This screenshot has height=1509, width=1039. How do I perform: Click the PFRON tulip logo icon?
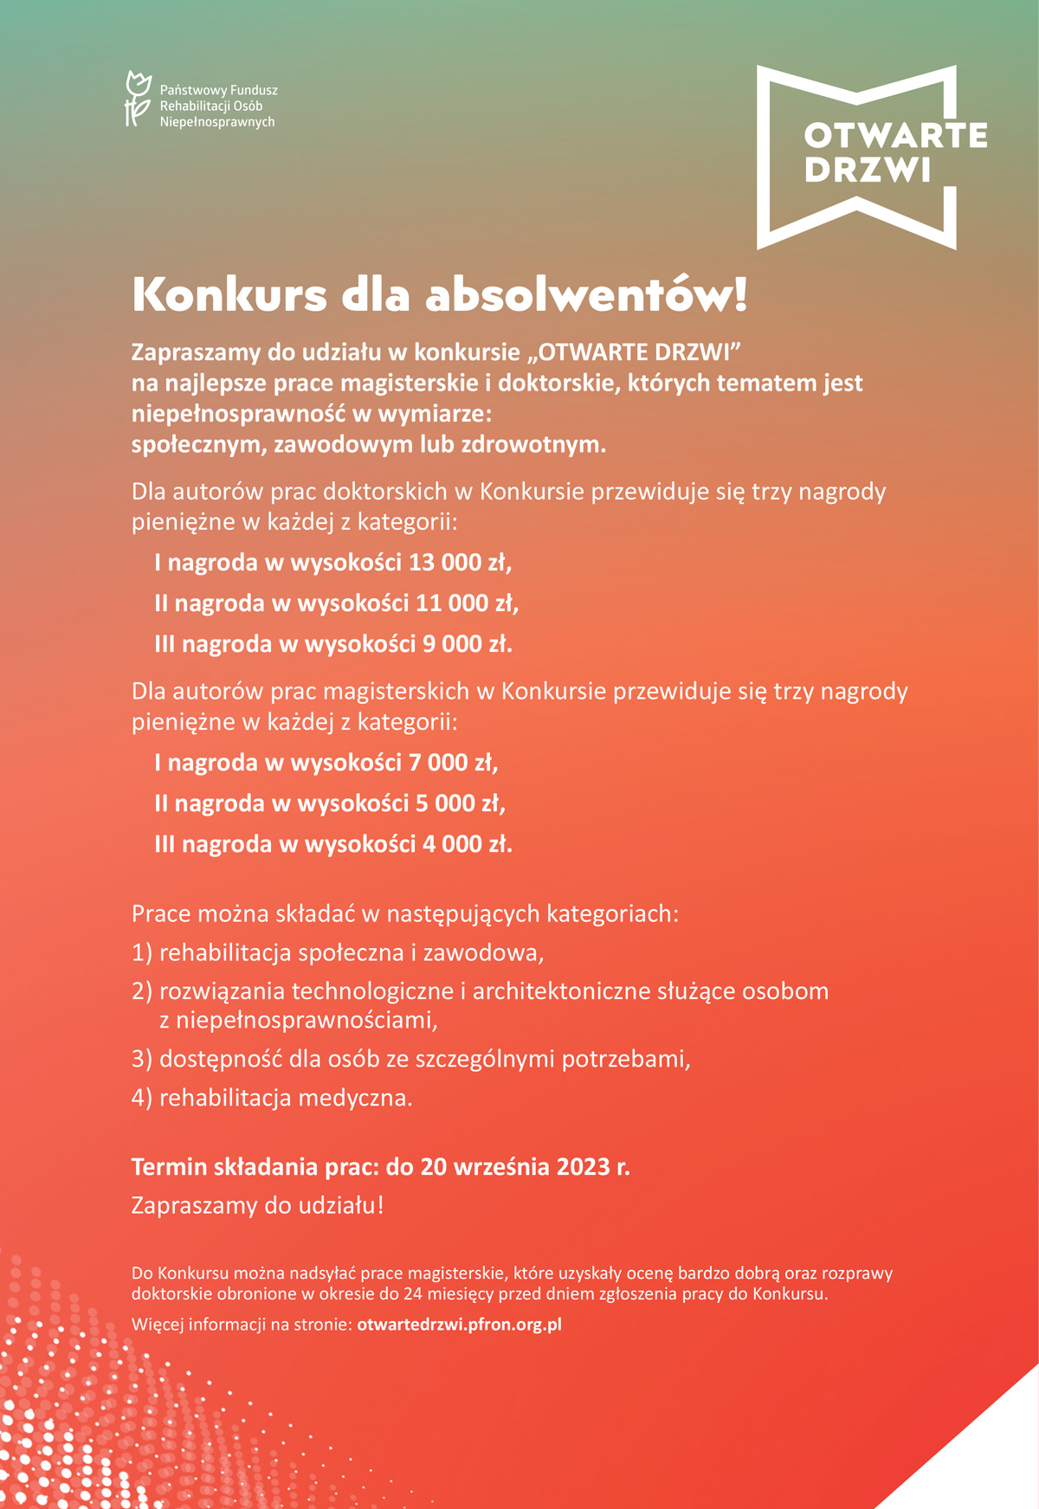click(x=138, y=100)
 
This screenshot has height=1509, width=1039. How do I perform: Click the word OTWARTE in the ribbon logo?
click(x=895, y=136)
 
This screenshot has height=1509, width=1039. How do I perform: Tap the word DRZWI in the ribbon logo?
click(x=868, y=170)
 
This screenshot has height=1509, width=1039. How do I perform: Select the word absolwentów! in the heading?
click(x=586, y=294)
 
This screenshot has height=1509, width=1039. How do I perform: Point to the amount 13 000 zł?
click(x=460, y=563)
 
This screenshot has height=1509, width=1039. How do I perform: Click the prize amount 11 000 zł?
click(x=467, y=603)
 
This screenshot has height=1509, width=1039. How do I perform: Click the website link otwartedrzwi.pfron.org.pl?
click(x=460, y=1325)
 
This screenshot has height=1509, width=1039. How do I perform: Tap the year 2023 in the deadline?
click(x=584, y=1167)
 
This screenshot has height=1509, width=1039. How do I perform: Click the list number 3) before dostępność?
click(x=142, y=1059)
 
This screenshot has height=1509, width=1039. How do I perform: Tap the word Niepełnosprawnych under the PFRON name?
click(x=217, y=122)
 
